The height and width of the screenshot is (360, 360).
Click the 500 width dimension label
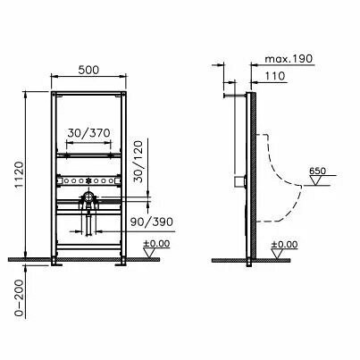tap(88, 70)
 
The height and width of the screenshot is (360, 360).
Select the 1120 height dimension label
tap(19, 175)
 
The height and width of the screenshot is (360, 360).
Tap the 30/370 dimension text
tap(88, 133)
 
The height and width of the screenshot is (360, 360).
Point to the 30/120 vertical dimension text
tap(138, 162)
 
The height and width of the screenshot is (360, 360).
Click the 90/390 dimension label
tap(152, 222)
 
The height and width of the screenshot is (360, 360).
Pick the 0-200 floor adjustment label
tap(20, 297)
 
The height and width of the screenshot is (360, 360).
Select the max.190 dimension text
tap(289, 59)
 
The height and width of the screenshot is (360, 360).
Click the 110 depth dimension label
tap(275, 76)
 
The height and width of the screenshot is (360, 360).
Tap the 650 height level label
tap(317, 171)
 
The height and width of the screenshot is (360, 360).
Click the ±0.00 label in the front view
tap(156, 244)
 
